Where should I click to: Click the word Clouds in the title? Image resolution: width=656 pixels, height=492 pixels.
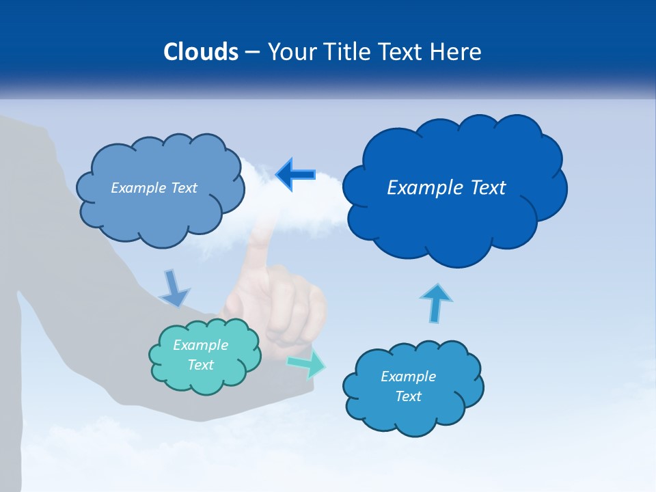[x=201, y=52]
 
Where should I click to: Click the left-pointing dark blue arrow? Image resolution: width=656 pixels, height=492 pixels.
[x=295, y=175]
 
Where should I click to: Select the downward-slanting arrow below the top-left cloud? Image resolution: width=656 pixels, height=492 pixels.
[x=174, y=288]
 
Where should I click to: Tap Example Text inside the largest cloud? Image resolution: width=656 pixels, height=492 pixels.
[x=446, y=188]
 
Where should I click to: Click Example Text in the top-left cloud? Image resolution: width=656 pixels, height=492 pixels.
[x=154, y=188]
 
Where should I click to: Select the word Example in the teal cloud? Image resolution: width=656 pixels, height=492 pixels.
[x=200, y=345]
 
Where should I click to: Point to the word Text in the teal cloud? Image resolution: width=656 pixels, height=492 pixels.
[x=200, y=365]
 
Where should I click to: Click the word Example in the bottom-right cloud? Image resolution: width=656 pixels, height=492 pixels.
[x=408, y=377]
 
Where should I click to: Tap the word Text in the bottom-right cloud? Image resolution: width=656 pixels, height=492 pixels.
[x=408, y=396]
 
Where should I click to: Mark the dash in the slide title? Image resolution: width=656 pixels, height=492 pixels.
[x=252, y=53]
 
